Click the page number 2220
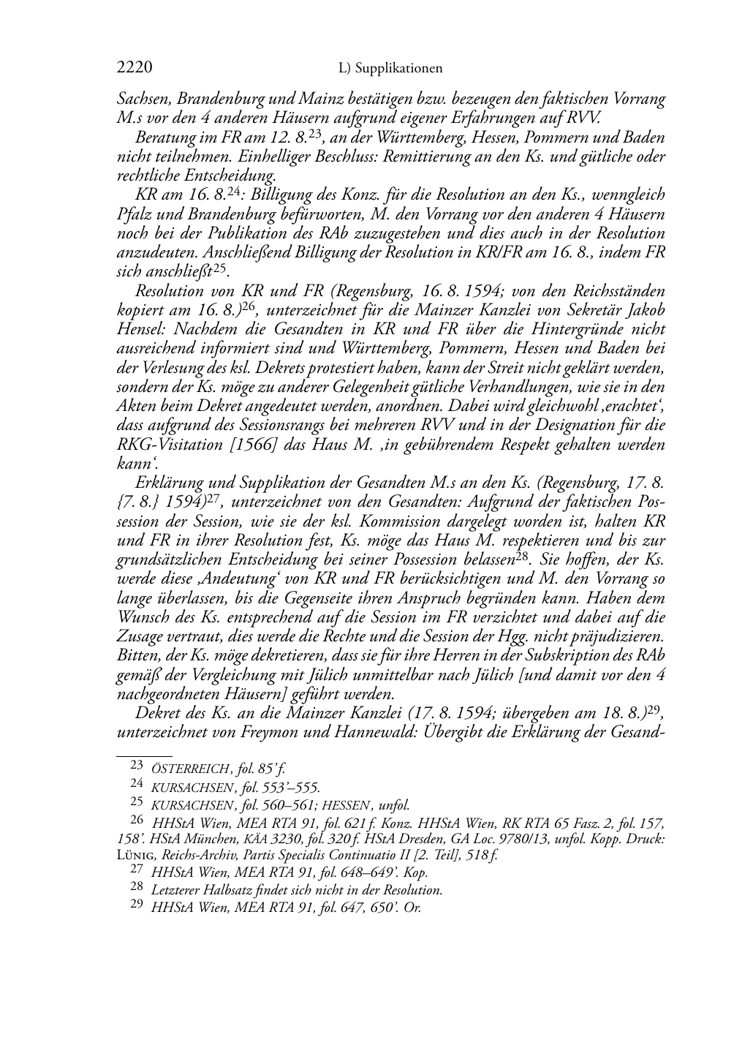(x=135, y=68)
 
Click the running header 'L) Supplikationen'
(x=390, y=69)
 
